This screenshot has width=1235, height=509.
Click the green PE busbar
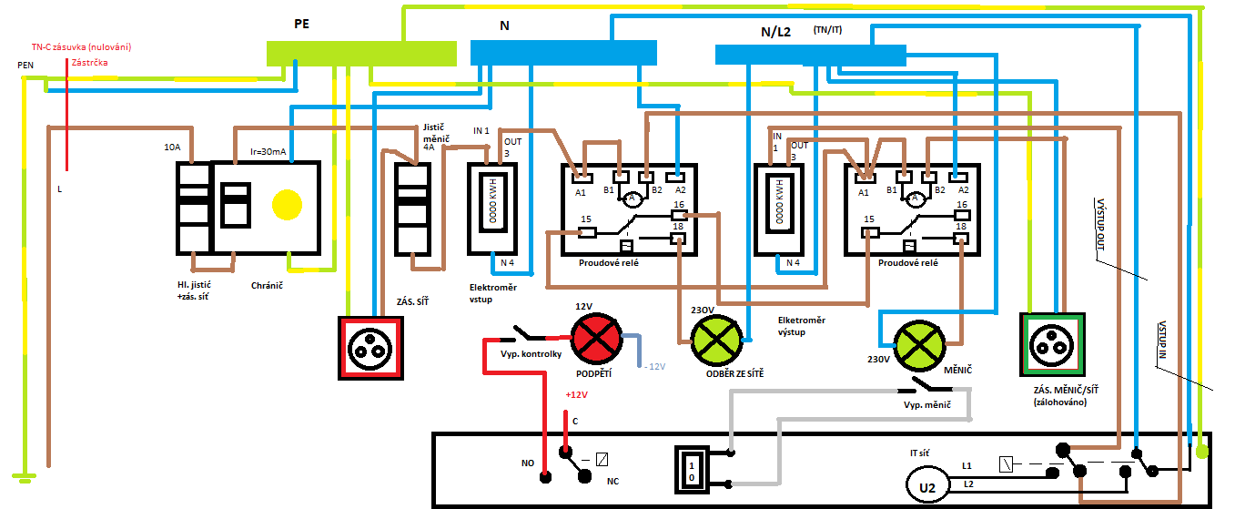tap(360, 53)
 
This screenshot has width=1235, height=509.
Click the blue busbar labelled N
tap(562, 53)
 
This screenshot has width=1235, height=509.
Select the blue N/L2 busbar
tap(810, 55)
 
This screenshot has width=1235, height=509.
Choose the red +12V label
tap(577, 395)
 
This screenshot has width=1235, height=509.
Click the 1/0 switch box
tap(691, 470)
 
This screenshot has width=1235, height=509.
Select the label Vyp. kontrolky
tap(531, 353)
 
